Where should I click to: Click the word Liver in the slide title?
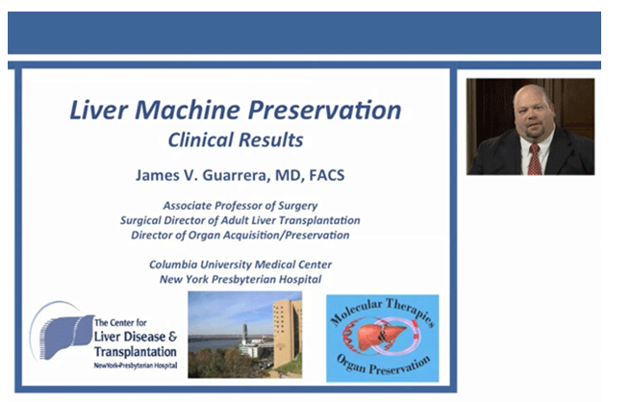tap(99, 110)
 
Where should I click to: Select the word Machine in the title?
tap(188, 110)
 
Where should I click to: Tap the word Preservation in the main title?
tap(324, 110)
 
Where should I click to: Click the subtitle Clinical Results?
tap(236, 140)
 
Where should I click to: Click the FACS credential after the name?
tap(327, 175)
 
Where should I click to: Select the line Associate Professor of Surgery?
tap(240, 206)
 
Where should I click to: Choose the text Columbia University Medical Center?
tap(240, 264)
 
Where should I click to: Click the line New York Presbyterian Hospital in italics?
tap(240, 279)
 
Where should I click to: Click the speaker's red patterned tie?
tap(535, 160)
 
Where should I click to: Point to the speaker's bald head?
tap(532, 95)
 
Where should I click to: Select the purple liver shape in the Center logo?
tap(66, 336)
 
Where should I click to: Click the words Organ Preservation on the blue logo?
tap(383, 364)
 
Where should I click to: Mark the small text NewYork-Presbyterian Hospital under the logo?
tap(136, 365)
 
